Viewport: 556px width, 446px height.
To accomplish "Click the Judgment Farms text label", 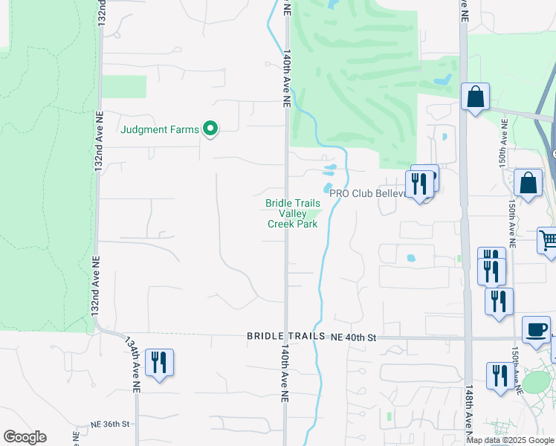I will [x=160, y=130].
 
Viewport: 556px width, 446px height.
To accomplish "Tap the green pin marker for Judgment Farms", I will [x=210, y=130].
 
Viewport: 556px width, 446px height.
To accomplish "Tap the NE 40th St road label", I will [x=355, y=337].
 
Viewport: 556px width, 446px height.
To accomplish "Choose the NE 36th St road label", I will [x=110, y=424].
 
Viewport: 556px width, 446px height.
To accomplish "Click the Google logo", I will [x=25, y=437].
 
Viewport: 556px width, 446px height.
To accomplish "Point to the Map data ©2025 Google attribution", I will [x=511, y=440].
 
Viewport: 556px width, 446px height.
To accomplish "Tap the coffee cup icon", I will [x=536, y=329].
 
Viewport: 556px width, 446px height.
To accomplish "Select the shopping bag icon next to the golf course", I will [x=475, y=97].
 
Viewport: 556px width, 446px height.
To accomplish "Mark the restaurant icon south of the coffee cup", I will [x=498, y=375].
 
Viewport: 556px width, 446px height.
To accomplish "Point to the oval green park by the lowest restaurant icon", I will [x=535, y=382].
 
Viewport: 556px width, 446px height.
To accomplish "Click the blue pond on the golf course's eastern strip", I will [x=443, y=79].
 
